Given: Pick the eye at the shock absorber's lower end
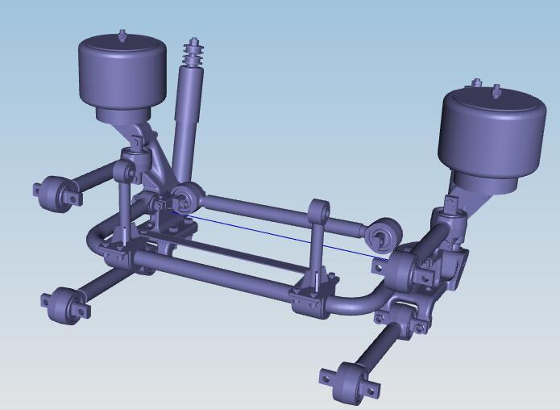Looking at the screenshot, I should [186, 196].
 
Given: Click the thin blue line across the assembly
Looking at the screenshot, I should [274, 233].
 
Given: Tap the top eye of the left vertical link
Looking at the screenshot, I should [123, 172].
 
